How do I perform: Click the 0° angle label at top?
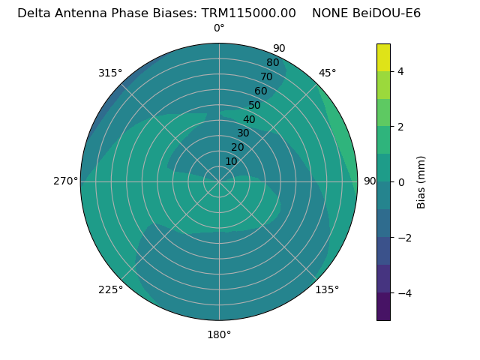point(219,28)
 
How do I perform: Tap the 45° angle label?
point(328,73)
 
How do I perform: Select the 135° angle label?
point(327,289)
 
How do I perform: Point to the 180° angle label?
point(219,334)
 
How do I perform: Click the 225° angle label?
point(110,290)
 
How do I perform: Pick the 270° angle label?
point(65,181)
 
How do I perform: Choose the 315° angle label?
point(110,73)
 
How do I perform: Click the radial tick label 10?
point(231,161)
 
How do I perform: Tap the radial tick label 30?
point(243,133)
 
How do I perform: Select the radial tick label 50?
point(254,105)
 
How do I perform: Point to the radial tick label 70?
point(266,76)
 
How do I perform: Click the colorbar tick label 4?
point(400,71)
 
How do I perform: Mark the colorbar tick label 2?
point(400,127)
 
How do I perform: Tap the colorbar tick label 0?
point(400,182)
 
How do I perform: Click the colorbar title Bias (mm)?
point(421,182)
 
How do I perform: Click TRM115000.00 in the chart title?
point(248,13)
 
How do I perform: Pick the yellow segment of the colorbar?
point(383,58)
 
